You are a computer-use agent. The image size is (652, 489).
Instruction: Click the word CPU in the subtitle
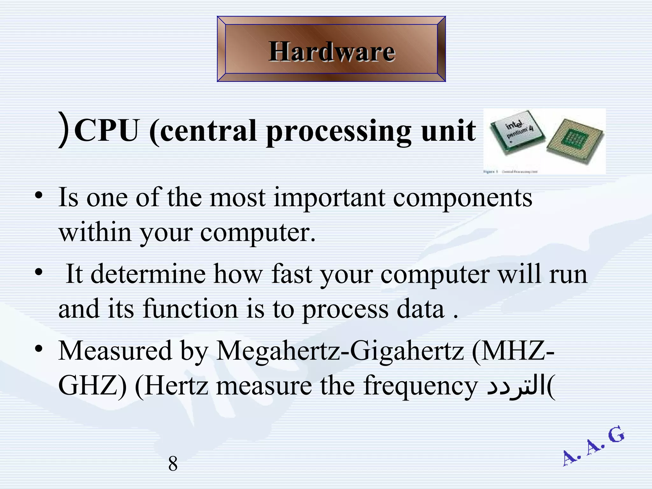tap(108, 131)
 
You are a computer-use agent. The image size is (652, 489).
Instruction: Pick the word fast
tap(291, 274)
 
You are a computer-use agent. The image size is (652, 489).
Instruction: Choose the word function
tap(190, 308)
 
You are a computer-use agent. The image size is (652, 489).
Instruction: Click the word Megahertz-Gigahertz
tap(340, 351)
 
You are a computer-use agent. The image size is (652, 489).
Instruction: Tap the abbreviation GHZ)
tap(92, 386)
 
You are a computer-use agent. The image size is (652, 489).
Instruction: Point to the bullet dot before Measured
tap(39, 349)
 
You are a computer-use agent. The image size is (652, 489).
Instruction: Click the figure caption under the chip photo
tap(511, 172)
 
